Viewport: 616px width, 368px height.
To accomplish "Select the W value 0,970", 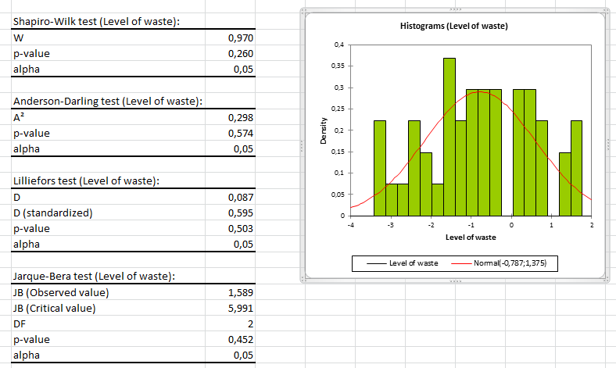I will (241, 38).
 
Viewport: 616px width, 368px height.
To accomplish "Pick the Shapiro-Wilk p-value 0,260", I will (241, 53).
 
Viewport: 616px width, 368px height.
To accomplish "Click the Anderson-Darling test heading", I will (108, 102).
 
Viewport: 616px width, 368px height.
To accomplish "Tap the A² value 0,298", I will (241, 117).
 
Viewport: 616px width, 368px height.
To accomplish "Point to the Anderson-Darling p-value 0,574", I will (241, 133).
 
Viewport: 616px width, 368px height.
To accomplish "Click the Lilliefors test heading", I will (87, 181).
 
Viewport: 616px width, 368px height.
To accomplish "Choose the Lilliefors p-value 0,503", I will (241, 228).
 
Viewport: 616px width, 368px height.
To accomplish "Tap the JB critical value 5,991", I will (241, 308).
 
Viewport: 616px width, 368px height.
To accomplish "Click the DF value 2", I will (251, 323).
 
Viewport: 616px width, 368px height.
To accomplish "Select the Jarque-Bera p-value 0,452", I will (241, 339).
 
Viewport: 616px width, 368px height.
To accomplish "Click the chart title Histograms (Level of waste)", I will (453, 27).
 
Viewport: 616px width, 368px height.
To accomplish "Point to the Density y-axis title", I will (323, 130).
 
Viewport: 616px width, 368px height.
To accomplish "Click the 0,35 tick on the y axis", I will (338, 66).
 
